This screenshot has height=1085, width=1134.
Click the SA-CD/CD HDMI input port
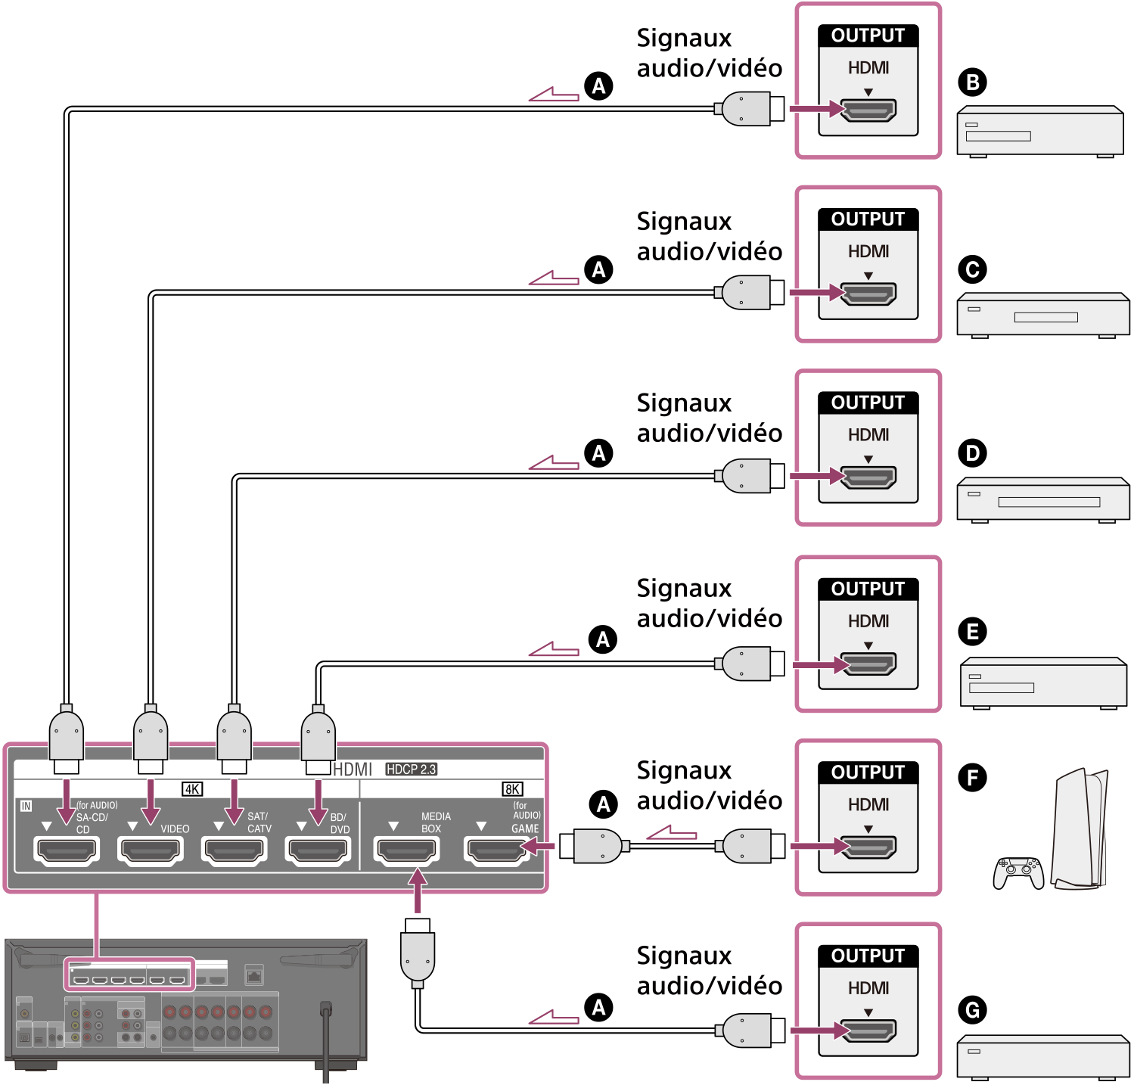coord(67,850)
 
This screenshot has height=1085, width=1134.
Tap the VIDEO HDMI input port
coord(151,850)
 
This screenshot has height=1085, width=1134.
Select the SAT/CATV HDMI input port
coord(235,850)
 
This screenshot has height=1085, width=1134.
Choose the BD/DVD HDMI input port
coord(318,850)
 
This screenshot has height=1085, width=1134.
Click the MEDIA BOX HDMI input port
coord(407,850)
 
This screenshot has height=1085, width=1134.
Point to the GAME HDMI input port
coord(496,850)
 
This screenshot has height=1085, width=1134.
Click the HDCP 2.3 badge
coord(411,769)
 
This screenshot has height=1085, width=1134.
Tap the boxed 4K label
coord(192,789)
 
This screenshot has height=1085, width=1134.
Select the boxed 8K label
coord(512,789)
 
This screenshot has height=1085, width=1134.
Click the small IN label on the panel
coord(26,806)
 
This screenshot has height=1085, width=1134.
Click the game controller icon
coord(1018,872)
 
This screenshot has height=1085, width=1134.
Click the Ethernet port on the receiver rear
coord(255,975)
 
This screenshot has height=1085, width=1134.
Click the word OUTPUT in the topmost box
coord(868,36)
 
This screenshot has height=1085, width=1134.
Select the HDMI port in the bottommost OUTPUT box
coord(868,1030)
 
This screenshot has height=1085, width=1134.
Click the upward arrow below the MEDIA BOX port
coord(417,890)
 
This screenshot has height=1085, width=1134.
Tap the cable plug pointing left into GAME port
coord(590,846)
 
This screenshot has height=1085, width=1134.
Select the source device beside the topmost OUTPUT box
coord(1039,132)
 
